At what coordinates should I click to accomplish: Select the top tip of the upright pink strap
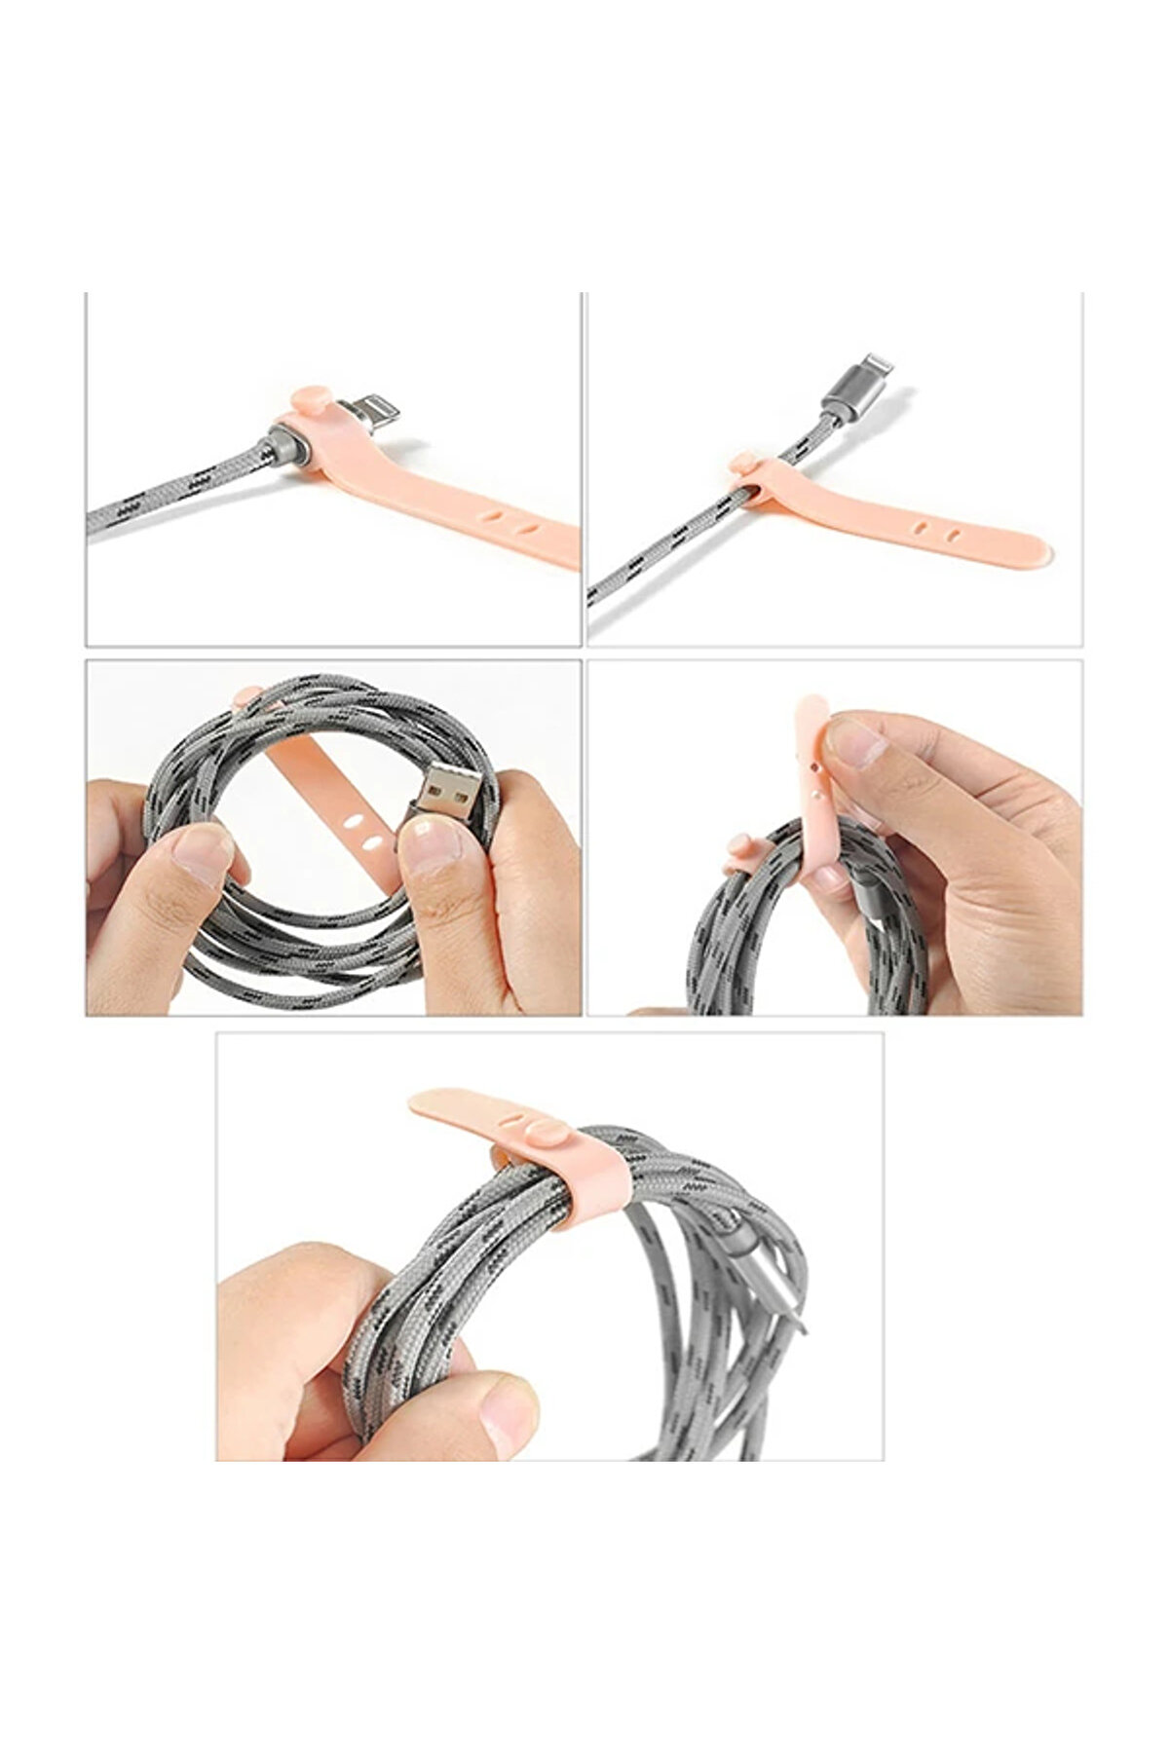point(811,706)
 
